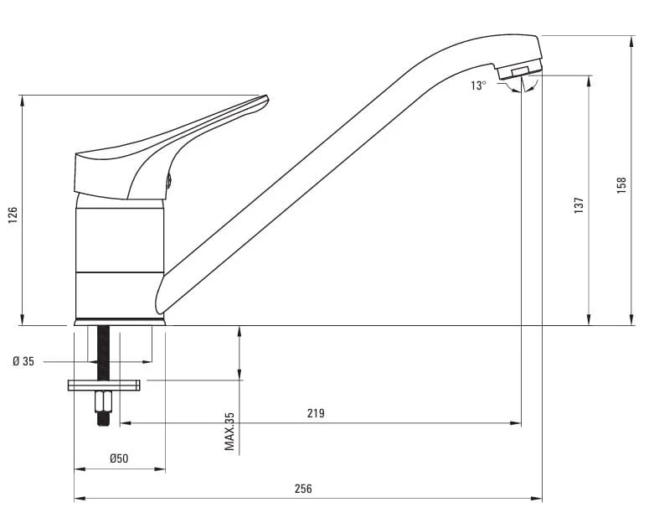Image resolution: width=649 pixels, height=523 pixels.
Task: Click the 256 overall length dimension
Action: point(303,489)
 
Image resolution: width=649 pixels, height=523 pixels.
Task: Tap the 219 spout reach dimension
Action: point(316,413)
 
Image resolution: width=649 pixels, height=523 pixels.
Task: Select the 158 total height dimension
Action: point(621,186)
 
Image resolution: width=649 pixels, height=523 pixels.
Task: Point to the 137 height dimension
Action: point(579,205)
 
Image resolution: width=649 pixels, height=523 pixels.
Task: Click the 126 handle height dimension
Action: point(13,215)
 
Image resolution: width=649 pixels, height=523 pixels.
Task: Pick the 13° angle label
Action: point(478,85)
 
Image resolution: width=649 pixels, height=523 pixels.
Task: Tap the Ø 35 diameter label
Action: point(23,361)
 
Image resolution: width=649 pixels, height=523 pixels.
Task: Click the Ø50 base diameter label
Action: point(119,458)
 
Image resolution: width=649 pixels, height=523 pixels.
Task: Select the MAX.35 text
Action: point(229,432)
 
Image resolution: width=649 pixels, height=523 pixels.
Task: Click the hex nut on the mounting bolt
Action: point(103,401)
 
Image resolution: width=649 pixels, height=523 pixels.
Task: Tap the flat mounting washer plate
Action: point(104,386)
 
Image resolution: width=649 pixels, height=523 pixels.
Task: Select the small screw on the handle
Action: point(169,181)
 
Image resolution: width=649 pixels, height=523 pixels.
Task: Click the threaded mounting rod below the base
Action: point(103,353)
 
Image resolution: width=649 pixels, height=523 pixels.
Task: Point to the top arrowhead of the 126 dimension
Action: point(23,101)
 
